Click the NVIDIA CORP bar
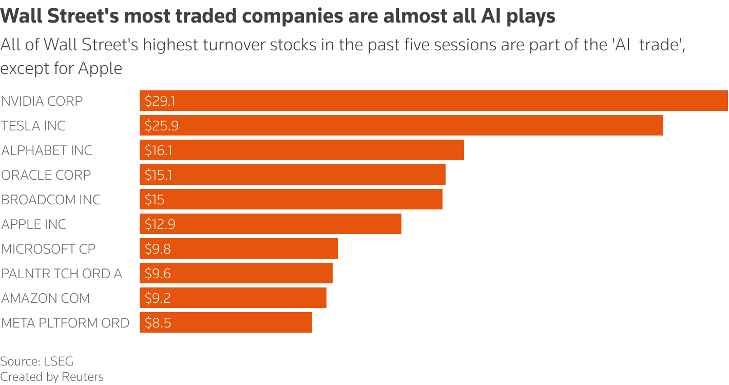tap(434, 101)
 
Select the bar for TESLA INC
tap(401, 125)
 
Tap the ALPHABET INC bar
tap(302, 150)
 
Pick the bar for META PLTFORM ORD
tap(226, 322)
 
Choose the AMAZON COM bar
tap(233, 298)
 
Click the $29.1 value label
tap(160, 101)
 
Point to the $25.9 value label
tap(161, 126)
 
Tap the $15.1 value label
tap(158, 175)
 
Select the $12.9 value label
tap(160, 224)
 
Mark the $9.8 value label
tap(158, 249)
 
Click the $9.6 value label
tap(158, 274)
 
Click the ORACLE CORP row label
tap(46, 175)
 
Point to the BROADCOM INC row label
tap(51, 200)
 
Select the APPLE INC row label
tap(34, 224)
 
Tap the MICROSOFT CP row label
tap(48, 249)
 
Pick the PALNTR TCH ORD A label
tap(62, 274)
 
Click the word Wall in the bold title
tap(20, 16)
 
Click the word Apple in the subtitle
tap(100, 68)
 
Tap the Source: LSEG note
tap(33, 361)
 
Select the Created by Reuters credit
tap(52, 377)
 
